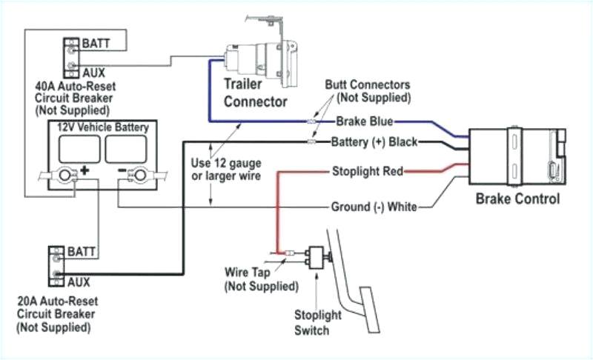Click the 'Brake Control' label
point(517,199)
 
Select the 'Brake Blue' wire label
point(364,121)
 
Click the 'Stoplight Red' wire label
point(367,172)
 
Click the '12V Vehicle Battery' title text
point(103,127)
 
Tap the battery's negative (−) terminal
point(137,176)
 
